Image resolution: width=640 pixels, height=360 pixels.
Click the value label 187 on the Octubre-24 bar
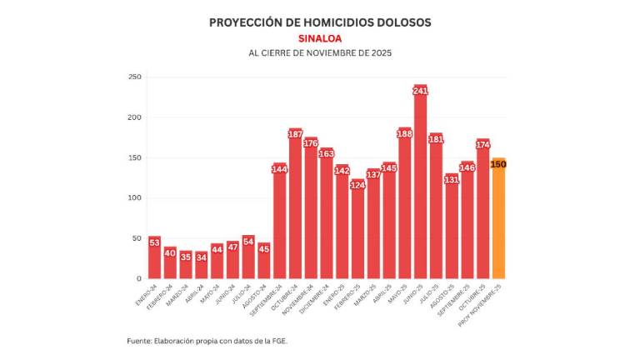pyautogui.click(x=295, y=134)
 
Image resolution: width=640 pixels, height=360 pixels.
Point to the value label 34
pyautogui.click(x=201, y=257)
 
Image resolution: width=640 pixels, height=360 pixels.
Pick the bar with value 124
pyautogui.click(x=357, y=233)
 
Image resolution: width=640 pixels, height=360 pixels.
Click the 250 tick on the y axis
pyautogui.click(x=133, y=77)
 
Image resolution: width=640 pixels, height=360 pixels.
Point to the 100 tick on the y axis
pyautogui.click(x=133, y=198)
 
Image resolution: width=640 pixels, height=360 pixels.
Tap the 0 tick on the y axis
pyautogui.click(x=138, y=278)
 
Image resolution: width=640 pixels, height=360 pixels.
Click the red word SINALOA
pyautogui.click(x=320, y=38)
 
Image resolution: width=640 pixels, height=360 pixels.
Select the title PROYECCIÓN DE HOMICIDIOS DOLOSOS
pyautogui.click(x=320, y=22)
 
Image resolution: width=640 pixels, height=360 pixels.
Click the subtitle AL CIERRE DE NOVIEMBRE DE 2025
pyautogui.click(x=320, y=53)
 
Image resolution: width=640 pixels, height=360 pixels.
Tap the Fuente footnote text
pyautogui.click(x=207, y=341)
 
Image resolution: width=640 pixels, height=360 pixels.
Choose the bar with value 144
pyautogui.click(x=279, y=225)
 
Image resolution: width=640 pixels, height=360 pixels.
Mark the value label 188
pyautogui.click(x=404, y=133)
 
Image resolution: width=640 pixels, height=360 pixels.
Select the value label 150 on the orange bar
pyautogui.click(x=498, y=164)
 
